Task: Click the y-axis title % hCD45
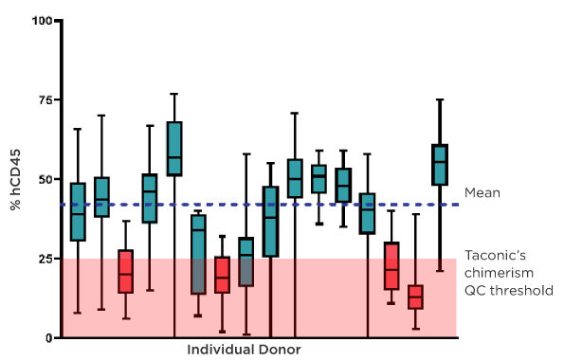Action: (15, 178)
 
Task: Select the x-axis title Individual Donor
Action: (244, 350)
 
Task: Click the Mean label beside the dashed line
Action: (482, 192)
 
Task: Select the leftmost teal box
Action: (78, 212)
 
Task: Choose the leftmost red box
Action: (125, 271)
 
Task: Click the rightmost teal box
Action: (440, 165)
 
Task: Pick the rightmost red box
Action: (415, 297)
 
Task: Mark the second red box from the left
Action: (222, 275)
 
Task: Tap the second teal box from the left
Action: (101, 197)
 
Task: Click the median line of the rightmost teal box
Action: (440, 162)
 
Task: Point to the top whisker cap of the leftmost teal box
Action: (78, 129)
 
